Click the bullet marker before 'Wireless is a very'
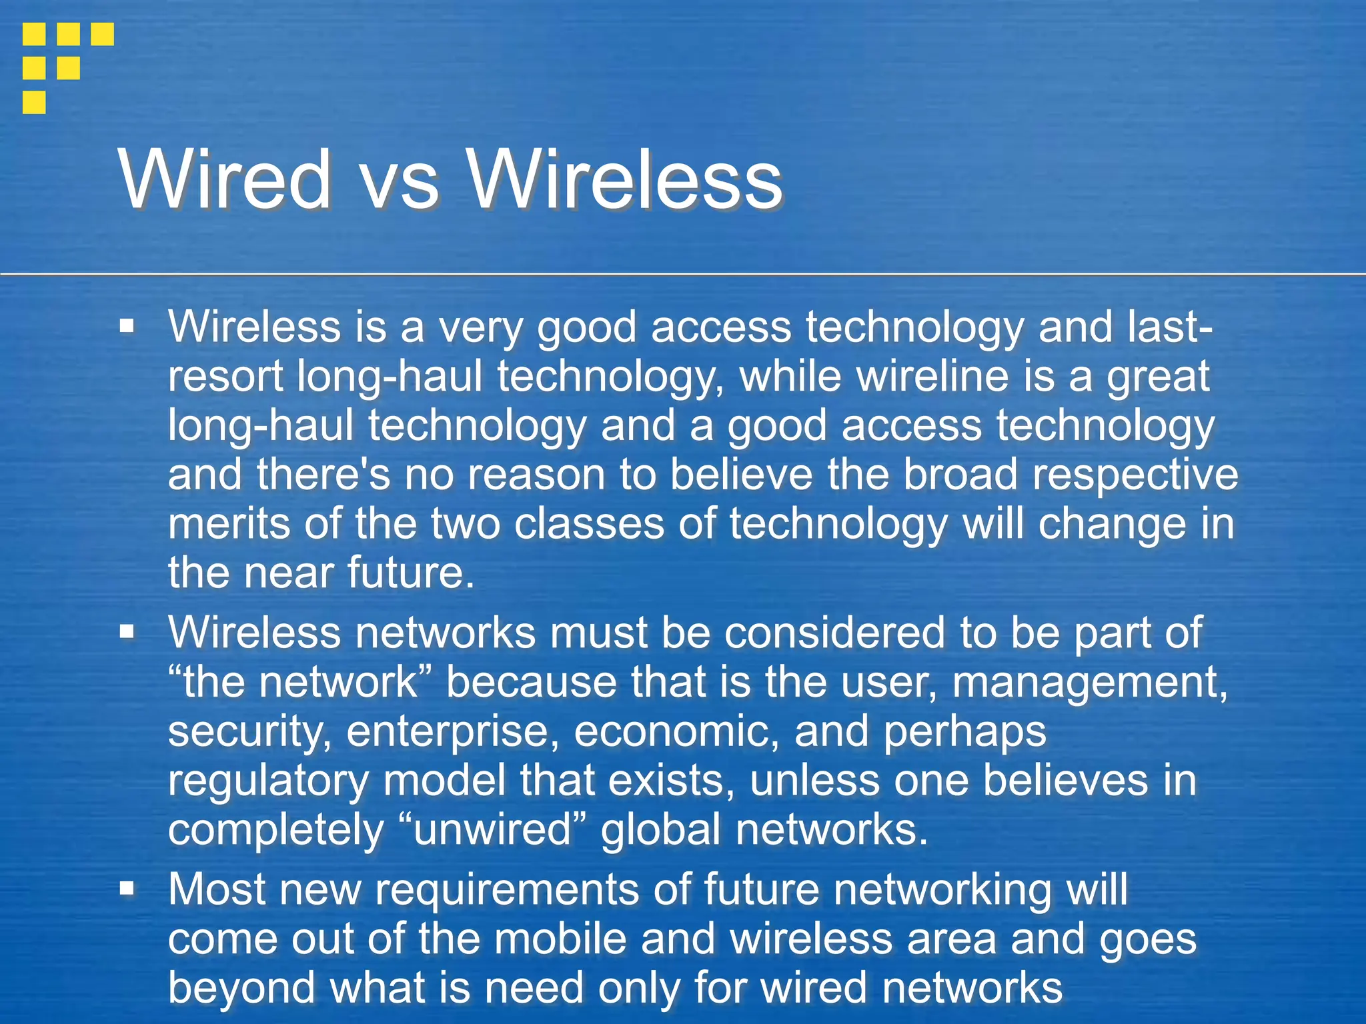click(x=127, y=327)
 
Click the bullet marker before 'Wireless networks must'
click(x=127, y=631)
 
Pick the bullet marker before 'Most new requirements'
click(x=127, y=889)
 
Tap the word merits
click(x=229, y=523)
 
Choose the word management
click(x=1089, y=683)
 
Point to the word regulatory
click(x=267, y=781)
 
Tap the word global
click(x=661, y=831)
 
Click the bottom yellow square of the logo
click(x=34, y=103)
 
